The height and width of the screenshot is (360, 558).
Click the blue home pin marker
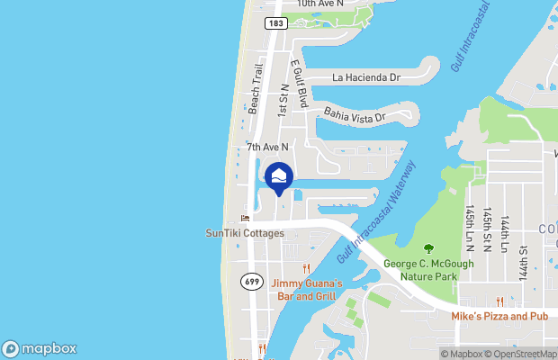pyautogui.click(x=279, y=176)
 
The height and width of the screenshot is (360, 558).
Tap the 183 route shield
pyautogui.click(x=276, y=22)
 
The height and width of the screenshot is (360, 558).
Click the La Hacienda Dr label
pyautogui.click(x=366, y=78)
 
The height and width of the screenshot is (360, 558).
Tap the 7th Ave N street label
pyautogui.click(x=267, y=146)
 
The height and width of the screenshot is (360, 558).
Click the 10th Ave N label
pyautogui.click(x=320, y=4)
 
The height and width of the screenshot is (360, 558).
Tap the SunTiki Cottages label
pyautogui.click(x=245, y=233)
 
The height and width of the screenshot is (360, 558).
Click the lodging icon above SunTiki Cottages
pyautogui.click(x=245, y=218)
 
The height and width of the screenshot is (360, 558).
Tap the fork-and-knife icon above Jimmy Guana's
pyautogui.click(x=306, y=268)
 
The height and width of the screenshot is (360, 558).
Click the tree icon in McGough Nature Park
pyautogui.click(x=428, y=247)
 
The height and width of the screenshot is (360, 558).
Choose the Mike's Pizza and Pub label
pyautogui.click(x=500, y=317)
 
